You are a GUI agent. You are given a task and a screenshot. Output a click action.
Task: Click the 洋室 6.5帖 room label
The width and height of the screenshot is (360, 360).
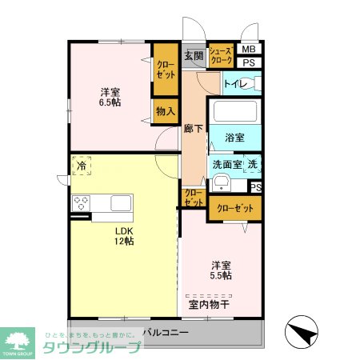tap(110, 97)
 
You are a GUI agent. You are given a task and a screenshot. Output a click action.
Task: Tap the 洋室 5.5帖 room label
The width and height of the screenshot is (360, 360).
tap(222, 270)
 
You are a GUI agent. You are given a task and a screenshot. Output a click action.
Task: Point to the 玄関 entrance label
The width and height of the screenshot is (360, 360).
tap(193, 55)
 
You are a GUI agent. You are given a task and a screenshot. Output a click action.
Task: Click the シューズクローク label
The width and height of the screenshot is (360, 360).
tap(221, 55)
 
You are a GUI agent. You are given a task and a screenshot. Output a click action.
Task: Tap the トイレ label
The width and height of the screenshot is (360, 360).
tap(234, 83)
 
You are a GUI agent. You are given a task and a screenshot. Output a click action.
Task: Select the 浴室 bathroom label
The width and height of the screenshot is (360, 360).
tap(234, 137)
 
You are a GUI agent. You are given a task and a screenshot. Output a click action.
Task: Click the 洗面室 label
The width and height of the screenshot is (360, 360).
tap(226, 164)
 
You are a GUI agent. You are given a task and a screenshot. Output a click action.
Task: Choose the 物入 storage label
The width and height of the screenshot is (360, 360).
tap(165, 111)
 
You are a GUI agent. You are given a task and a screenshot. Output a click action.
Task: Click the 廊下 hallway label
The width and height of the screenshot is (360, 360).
tap(193, 128)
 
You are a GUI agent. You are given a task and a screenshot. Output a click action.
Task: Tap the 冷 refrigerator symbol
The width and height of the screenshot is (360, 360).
tap(81, 166)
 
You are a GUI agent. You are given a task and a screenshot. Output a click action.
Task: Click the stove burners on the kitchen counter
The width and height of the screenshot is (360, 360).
tap(81, 202)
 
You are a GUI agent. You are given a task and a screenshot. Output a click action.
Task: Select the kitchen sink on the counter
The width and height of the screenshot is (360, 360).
tap(121, 202)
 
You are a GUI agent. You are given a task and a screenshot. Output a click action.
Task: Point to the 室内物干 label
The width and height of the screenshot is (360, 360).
tap(209, 304)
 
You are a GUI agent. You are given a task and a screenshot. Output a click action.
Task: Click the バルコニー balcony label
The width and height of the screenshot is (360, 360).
tap(166, 332)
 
